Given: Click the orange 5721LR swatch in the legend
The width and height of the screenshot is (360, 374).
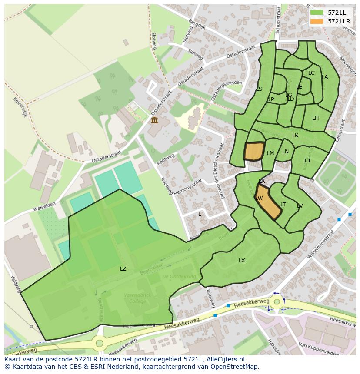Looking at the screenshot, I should [x=317, y=21].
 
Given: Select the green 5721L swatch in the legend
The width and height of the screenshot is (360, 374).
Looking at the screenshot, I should [x=317, y=13].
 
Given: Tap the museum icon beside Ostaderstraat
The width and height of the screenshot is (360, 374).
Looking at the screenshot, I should [x=154, y=120].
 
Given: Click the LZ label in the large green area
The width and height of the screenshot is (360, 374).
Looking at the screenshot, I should [x=123, y=269].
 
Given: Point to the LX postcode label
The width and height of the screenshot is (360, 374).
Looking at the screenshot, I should [x=242, y=261].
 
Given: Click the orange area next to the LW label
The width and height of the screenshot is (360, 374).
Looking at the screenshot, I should [x=268, y=202].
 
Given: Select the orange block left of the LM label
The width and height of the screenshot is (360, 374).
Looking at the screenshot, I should [x=254, y=152].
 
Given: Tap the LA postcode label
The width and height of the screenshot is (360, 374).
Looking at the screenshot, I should [x=324, y=77].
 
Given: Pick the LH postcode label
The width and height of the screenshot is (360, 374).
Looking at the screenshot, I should [x=315, y=118].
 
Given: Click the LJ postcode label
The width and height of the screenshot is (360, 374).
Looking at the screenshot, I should [x=307, y=161].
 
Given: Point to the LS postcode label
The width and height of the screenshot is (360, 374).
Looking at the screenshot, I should [x=259, y=89].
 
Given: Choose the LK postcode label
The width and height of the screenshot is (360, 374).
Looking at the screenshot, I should [x=295, y=136].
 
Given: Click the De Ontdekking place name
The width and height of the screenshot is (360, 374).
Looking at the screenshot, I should [x=179, y=276].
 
